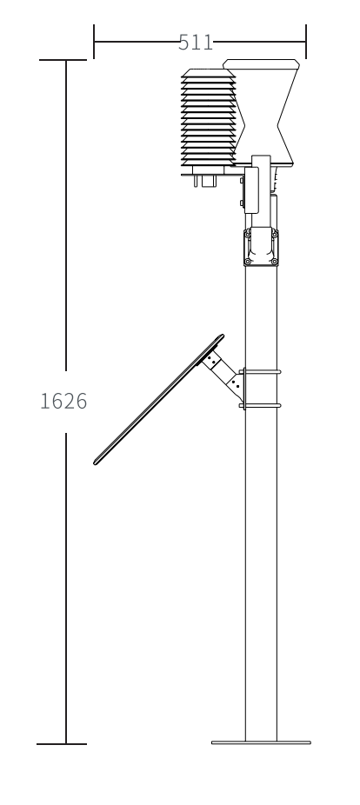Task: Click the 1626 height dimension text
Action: click(63, 402)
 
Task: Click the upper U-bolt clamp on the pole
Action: click(259, 372)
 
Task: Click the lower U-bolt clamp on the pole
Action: click(259, 404)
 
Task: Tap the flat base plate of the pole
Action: click(261, 742)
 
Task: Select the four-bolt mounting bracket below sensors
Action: click(260, 246)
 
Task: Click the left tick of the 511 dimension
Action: click(94, 42)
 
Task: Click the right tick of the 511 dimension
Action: click(306, 42)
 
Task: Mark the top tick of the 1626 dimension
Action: click(63, 61)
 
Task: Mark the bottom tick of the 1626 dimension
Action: click(63, 744)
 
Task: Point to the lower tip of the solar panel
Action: click(96, 461)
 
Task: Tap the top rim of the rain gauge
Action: click(263, 62)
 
